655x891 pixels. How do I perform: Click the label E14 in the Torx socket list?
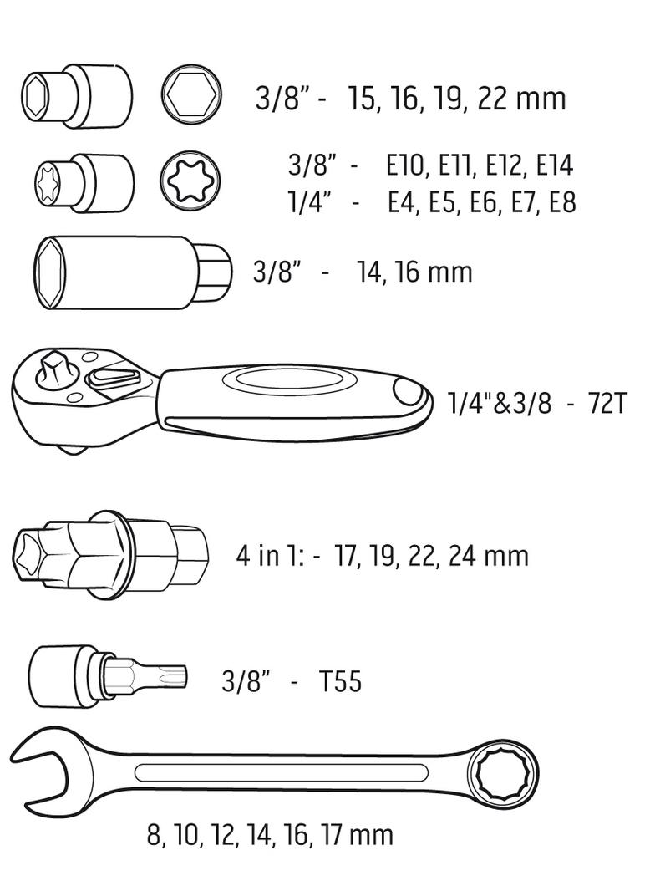click(554, 165)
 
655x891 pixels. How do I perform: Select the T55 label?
click(340, 682)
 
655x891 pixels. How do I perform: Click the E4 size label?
click(404, 202)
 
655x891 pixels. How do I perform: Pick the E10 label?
click(409, 165)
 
